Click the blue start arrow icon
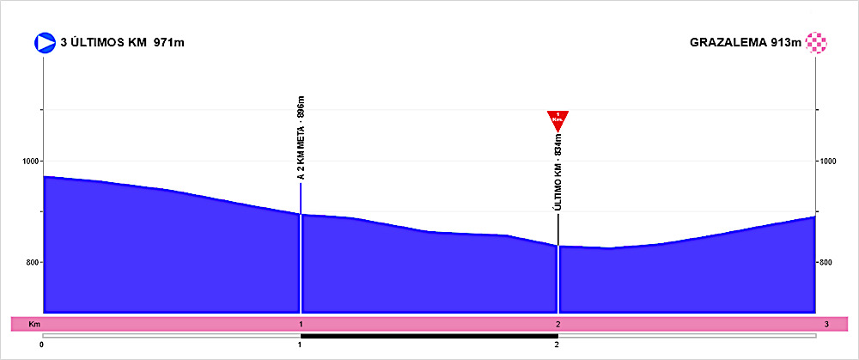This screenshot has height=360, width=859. coord(44,43)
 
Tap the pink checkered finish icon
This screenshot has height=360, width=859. coord(816,43)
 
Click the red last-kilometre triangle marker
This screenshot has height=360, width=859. coord(558,120)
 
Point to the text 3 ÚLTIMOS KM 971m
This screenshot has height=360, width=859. coord(125,43)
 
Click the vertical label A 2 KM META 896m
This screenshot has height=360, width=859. coord(302,137)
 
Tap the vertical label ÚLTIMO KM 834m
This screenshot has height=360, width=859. coord(558,173)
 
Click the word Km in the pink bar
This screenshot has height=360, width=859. coord(34,324)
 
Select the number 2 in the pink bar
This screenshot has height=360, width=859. coord(557,324)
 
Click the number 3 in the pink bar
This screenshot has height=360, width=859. coord(825,324)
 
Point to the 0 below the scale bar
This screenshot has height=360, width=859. coord(42,345)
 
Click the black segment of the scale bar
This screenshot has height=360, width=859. coord(429,335)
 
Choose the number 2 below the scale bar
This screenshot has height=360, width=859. coord(557,345)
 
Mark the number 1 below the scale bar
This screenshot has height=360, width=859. coord(300,345)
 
